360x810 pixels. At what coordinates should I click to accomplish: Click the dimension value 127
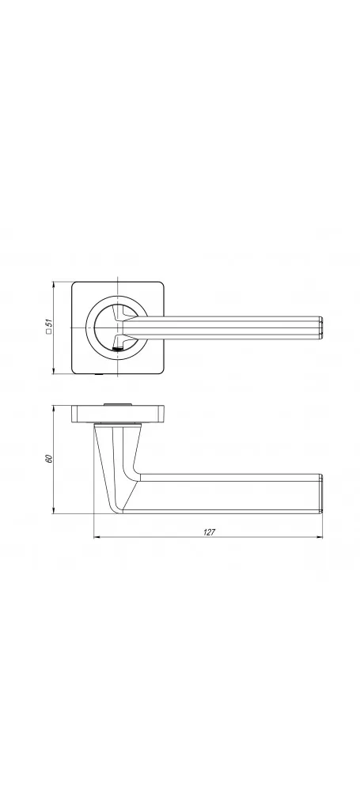tap(209, 532)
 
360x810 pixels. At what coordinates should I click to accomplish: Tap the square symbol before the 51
tap(49, 332)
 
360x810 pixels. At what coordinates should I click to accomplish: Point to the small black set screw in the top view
tap(117, 350)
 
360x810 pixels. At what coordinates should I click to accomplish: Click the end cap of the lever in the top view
tap(320, 328)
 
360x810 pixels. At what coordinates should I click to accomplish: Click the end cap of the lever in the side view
tap(320, 494)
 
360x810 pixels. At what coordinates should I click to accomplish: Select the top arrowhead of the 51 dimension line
tap(54, 285)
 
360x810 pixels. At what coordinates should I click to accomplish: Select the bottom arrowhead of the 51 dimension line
tap(54, 370)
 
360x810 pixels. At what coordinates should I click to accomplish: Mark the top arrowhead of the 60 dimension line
tap(54, 409)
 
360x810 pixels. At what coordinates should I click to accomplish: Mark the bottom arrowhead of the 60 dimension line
tap(54, 510)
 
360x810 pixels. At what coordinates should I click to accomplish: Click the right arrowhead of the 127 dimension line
tap(319, 537)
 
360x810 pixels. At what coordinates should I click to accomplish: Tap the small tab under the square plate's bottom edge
tap(102, 374)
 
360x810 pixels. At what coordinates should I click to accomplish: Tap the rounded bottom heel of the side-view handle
tap(119, 509)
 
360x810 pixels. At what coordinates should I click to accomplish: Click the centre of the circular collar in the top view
tap(118, 328)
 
